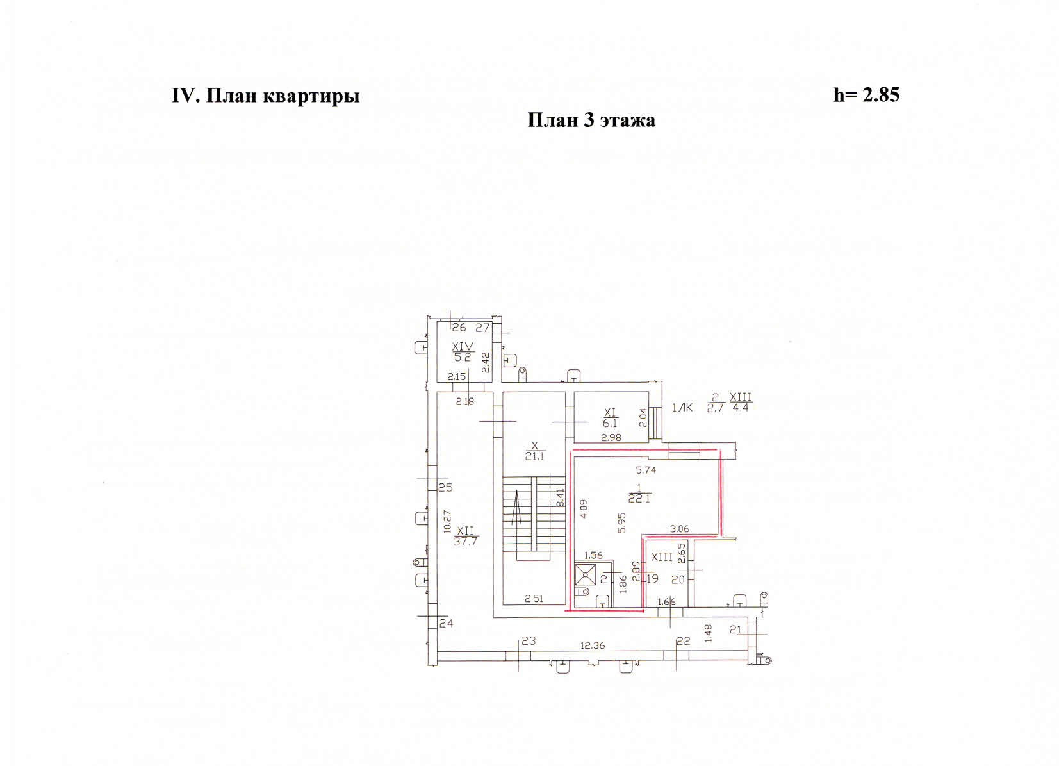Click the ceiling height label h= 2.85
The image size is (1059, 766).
[x=866, y=95]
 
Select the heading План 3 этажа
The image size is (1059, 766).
[x=591, y=120]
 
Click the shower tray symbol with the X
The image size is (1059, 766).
[x=585, y=574]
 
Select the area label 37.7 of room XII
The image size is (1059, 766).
[x=466, y=540]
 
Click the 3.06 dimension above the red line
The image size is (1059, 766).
[x=679, y=529]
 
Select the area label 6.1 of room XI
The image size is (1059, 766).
[x=610, y=423]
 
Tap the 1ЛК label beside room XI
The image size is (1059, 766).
[x=682, y=407]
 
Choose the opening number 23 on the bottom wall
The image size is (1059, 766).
[x=528, y=640]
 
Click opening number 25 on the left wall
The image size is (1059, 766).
[x=445, y=487]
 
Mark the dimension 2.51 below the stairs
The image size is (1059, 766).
[x=534, y=599]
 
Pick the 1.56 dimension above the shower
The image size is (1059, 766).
[x=593, y=555]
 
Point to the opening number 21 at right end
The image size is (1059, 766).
[x=735, y=630]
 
